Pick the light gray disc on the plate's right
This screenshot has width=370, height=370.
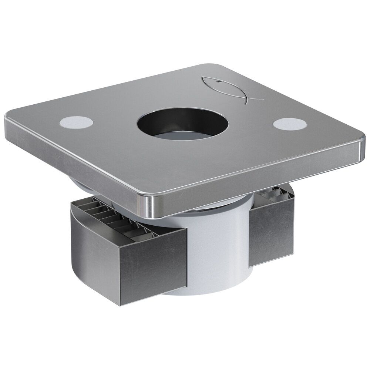289,124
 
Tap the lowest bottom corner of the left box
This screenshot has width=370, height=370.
122,305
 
